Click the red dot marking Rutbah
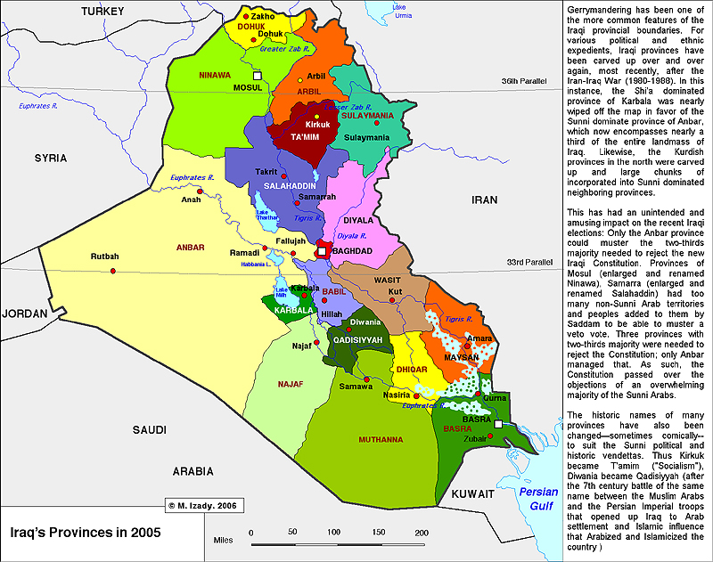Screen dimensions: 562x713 point(114,269)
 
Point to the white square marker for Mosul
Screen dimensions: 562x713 point(258,77)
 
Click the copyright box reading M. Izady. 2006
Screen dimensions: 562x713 point(203,505)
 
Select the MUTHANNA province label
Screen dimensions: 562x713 point(381,440)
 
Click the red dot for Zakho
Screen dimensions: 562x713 point(246,16)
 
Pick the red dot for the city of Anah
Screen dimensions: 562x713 point(201,191)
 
